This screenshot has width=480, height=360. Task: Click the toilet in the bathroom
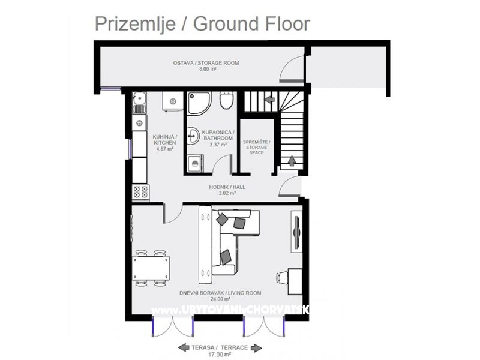227,100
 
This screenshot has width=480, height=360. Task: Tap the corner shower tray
199,103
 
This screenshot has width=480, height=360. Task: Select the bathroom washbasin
194,135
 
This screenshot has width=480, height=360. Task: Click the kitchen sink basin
139,98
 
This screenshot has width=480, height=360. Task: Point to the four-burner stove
141,192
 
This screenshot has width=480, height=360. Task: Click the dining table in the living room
151,268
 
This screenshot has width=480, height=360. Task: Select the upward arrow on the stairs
292,160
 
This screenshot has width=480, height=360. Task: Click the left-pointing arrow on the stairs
269,99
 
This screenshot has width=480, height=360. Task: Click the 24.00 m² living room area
220,299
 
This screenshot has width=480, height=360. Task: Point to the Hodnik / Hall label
227,187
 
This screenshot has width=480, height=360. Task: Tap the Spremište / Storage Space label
257,147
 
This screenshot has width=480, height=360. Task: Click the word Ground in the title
227,24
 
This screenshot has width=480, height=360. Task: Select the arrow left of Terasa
184,347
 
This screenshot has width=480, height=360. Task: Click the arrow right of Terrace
257,348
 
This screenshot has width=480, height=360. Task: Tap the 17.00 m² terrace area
219,355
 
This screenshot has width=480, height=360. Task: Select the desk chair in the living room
281,278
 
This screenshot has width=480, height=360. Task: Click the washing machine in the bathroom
194,163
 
